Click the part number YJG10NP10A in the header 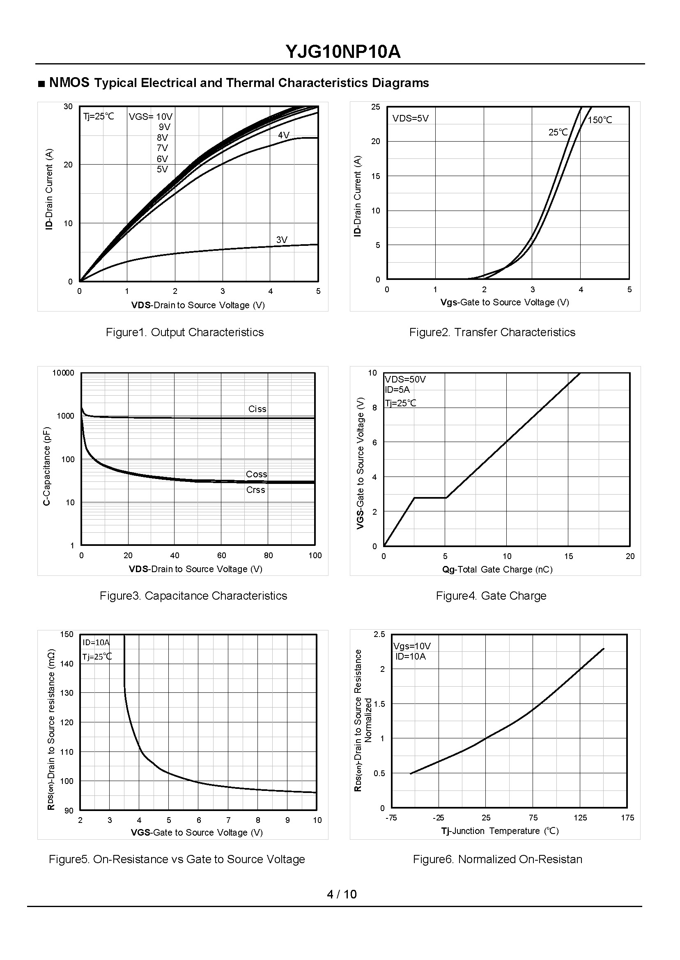click(342, 52)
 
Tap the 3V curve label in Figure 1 click(282, 240)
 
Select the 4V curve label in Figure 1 click(283, 135)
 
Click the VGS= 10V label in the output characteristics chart click(150, 117)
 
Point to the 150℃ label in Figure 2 click(600, 120)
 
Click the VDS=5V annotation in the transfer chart click(410, 119)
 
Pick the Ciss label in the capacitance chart click(257, 409)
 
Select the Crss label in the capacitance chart click(255, 490)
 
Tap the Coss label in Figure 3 click(256, 474)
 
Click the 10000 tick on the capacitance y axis click(63, 373)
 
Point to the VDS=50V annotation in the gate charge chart click(405, 380)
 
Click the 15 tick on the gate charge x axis click(568, 556)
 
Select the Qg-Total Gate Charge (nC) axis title click(497, 570)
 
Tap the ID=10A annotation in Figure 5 click(96, 642)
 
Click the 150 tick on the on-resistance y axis click(67, 635)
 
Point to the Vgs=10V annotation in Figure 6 click(412, 646)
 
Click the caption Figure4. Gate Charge click(491, 596)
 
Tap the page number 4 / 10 click(342, 894)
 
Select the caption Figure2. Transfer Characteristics click(492, 332)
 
